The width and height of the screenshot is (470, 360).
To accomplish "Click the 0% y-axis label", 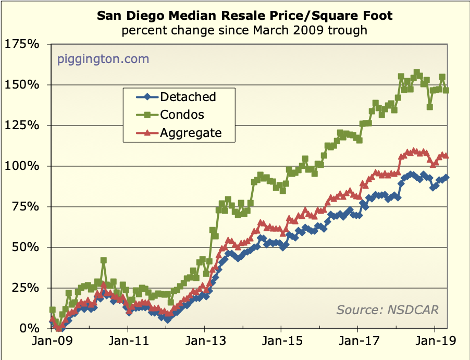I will point(29,329).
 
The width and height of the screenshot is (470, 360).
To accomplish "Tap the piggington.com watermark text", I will point(103,59).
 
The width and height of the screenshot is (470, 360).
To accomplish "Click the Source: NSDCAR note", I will point(388,309).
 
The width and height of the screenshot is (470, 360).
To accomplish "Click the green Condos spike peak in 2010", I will point(104,260).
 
